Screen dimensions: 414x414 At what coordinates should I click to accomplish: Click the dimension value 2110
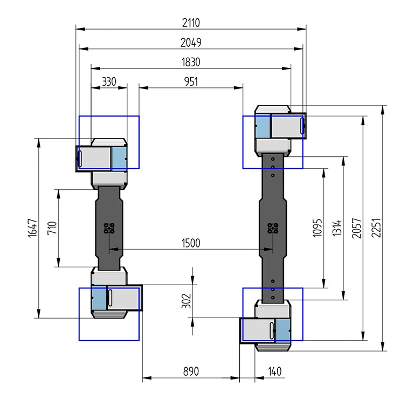[x=191, y=23]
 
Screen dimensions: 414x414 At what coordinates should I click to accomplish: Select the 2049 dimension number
[x=191, y=43]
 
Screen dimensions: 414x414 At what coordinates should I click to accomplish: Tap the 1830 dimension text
[x=191, y=63]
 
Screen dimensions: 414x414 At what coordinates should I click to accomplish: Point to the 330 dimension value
[x=109, y=82]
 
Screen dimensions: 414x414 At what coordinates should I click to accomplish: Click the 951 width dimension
[x=191, y=82]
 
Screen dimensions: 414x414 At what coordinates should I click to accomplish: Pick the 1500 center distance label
[x=191, y=243]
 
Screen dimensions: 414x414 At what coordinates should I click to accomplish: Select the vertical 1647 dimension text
[x=32, y=228]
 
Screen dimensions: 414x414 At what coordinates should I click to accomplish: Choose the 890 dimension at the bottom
[x=191, y=371]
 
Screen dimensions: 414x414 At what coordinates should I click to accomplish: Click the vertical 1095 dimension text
[x=318, y=228]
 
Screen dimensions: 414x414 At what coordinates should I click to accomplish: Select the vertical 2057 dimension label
[x=356, y=228]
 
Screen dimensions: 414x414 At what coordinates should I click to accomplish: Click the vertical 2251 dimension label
[x=376, y=228]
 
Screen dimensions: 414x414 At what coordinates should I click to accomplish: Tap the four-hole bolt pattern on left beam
[x=109, y=228]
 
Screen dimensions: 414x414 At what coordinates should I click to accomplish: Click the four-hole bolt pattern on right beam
[x=273, y=228]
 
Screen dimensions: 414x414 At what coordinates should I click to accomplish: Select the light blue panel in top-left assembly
[x=119, y=158]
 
